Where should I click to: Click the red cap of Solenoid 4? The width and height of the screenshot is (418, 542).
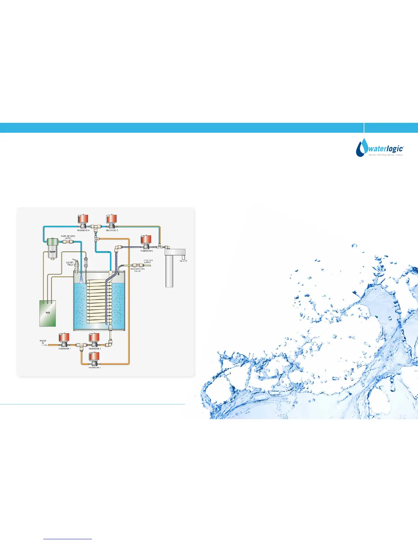[83, 218]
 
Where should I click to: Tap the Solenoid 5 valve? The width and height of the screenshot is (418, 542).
[112, 221]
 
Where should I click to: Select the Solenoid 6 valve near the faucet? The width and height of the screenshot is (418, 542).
[146, 242]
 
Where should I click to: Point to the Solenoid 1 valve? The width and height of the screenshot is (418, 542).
[65, 339]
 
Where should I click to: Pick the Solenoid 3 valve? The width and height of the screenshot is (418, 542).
[94, 339]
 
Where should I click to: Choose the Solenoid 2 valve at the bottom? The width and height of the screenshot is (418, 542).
[94, 358]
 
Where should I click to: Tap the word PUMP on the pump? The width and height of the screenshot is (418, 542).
[52, 252]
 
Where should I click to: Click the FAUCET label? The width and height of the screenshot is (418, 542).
[183, 261]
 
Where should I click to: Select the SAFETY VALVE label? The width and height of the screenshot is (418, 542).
[70, 263]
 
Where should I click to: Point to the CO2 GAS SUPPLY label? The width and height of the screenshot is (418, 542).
[148, 261]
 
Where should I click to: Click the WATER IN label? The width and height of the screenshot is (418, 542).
[43, 341]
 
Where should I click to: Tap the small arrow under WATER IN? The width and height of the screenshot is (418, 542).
[43, 345]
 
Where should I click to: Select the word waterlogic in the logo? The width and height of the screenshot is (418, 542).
[385, 149]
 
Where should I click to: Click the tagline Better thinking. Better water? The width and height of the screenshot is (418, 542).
[386, 155]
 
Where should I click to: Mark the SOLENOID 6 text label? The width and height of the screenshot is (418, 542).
[147, 251]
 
